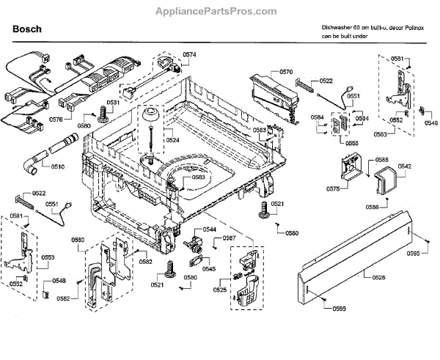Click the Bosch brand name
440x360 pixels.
click(x=27, y=29)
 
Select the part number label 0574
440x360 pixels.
click(x=190, y=55)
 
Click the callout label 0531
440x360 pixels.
click(x=113, y=103)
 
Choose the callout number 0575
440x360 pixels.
click(x=332, y=189)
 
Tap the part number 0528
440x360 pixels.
click(x=378, y=277)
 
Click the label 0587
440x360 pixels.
click(x=230, y=239)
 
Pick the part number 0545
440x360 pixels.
click(x=209, y=269)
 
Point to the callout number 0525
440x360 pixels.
click(x=220, y=290)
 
